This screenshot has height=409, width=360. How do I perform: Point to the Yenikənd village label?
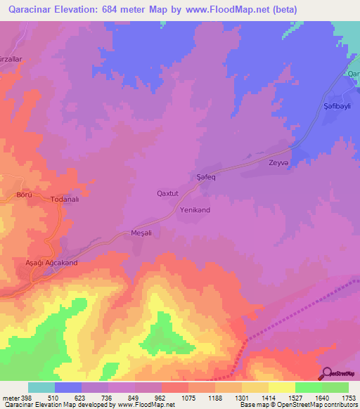195,210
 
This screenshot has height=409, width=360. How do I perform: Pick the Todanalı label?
67,200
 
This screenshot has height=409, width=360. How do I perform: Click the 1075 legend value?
188,397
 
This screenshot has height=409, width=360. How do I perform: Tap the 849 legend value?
134,397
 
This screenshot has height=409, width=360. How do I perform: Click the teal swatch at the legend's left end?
41,387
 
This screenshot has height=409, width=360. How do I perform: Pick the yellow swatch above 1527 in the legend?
282,387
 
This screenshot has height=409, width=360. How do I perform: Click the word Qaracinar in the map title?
34,10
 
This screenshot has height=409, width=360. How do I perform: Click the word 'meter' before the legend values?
11,397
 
